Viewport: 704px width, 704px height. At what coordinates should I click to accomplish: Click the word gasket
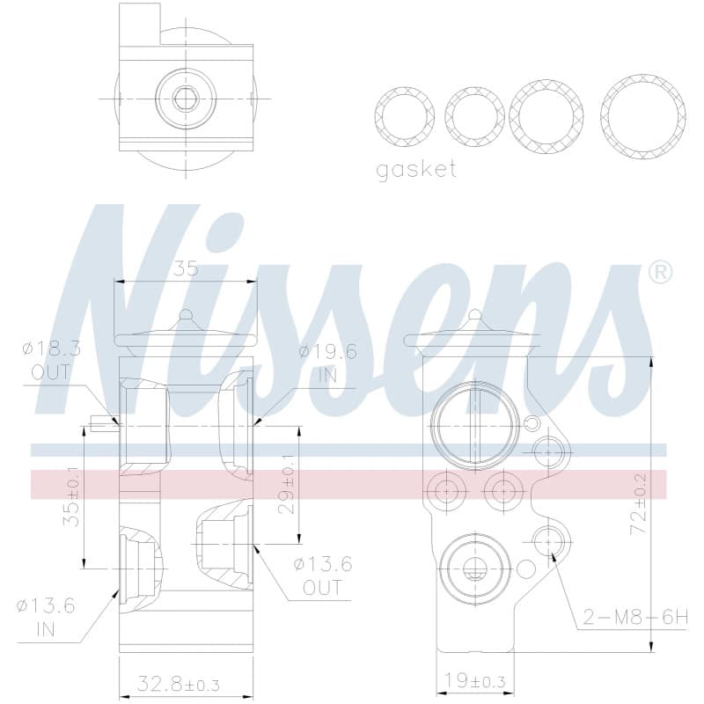416,170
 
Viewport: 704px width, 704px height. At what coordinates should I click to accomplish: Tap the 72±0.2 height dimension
639,503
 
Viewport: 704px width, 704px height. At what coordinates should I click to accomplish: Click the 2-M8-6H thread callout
635,618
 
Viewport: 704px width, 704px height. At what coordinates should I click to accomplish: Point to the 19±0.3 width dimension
474,681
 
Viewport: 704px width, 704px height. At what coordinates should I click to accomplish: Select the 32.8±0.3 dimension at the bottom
179,685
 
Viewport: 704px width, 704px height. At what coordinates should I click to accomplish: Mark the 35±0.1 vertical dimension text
71,496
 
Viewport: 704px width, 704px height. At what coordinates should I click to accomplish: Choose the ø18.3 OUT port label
52,361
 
